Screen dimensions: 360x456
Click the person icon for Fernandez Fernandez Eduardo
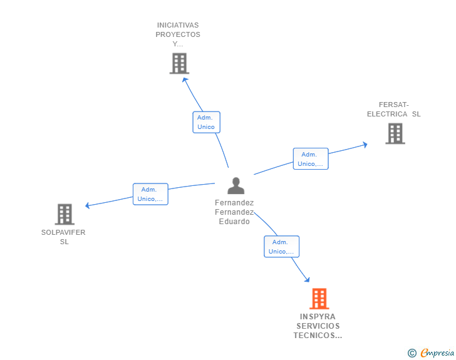[x=236, y=186]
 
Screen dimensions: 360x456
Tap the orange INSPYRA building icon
[x=319, y=299]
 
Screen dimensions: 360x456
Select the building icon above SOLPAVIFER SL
[x=65, y=214]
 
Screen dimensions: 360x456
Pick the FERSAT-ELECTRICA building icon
[x=395, y=133]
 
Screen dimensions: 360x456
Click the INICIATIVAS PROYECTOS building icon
[x=179, y=63]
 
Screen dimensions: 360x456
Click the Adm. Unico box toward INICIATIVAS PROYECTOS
[x=206, y=122]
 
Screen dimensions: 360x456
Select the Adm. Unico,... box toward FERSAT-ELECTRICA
[x=311, y=159]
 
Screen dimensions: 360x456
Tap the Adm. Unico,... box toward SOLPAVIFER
[x=151, y=194]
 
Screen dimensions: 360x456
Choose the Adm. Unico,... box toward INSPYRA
[x=282, y=247]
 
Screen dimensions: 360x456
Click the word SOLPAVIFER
[x=63, y=232]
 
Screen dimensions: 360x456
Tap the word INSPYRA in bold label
[x=318, y=317]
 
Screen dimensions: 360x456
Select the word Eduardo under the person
[x=234, y=222]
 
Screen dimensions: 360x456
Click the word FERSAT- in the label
[x=393, y=105]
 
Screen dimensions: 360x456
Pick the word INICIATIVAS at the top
[x=178, y=26]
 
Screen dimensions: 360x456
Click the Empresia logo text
[x=437, y=353]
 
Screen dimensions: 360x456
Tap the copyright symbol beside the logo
[x=412, y=353]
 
